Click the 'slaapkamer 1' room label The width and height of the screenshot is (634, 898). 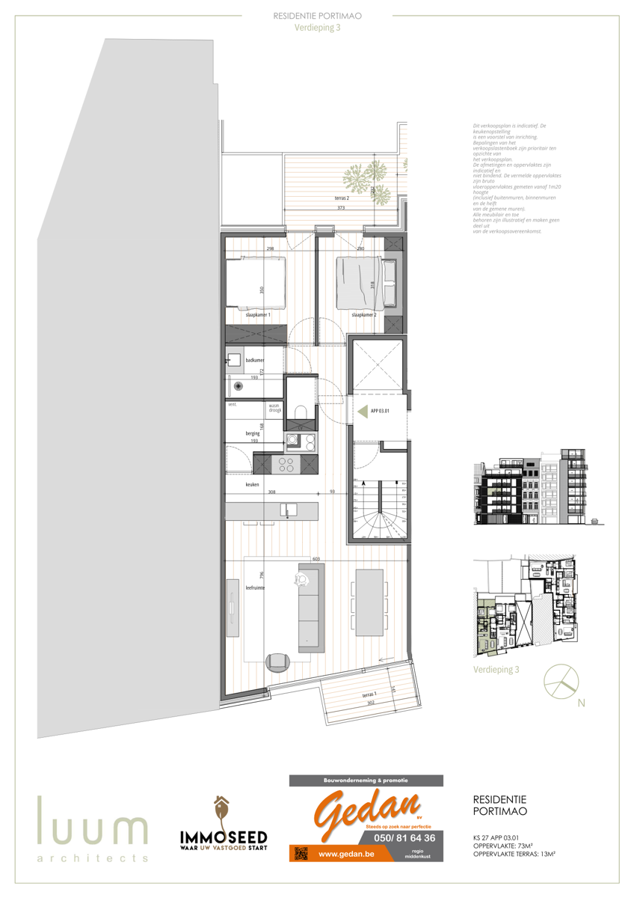tap(257, 316)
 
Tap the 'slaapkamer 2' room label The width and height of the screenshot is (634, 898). tap(363, 316)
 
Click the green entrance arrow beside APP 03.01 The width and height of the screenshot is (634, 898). tap(363, 411)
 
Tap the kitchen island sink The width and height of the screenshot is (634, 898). tap(286, 510)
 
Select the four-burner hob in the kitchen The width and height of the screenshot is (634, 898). tap(286, 465)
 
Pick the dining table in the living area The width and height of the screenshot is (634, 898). tap(370, 602)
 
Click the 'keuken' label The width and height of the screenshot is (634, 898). tap(252, 485)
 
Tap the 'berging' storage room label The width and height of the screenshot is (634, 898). tap(252, 433)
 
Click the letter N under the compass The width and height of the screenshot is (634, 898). tap(581, 703)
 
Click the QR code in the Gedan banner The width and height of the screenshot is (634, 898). tap(301, 853)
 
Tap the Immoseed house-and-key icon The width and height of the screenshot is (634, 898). tap(221, 809)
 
